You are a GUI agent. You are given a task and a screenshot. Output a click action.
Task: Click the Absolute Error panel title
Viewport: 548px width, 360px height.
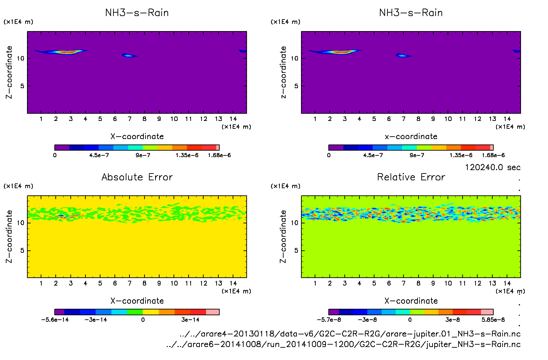[x=137, y=177]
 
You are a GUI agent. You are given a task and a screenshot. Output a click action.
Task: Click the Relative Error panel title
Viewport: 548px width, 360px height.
[x=411, y=177]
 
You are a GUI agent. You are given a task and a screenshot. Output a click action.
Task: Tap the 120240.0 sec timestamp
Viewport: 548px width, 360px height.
[x=492, y=167]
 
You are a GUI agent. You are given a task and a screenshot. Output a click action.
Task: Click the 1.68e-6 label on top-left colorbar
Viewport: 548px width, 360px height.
[x=219, y=155]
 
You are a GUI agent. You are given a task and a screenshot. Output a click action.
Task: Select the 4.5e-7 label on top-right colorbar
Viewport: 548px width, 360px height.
[x=373, y=155]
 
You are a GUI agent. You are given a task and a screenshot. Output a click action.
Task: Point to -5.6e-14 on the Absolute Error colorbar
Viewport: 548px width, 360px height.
[x=55, y=320]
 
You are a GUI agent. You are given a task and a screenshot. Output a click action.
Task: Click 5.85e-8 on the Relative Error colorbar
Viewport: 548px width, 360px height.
[x=493, y=320]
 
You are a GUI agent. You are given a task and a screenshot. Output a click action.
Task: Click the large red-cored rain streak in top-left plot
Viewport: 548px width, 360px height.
[x=67, y=52]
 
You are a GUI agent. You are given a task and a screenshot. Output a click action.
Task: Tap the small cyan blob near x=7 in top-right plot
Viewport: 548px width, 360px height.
[x=402, y=55]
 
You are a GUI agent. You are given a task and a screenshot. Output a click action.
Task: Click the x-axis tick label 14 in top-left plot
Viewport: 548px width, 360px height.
[x=233, y=119]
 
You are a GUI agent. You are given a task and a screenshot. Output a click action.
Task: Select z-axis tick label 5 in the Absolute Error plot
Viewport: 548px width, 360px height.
[x=22, y=250]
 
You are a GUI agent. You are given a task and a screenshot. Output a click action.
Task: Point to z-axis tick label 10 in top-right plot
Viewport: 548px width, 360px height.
[x=294, y=58]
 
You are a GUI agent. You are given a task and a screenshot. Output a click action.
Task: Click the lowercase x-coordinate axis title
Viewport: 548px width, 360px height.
[x=411, y=137]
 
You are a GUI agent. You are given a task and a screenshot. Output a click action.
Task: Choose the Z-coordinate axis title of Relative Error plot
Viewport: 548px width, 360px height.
[x=283, y=236]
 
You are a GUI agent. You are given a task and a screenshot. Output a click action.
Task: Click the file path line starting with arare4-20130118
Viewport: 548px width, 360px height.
[x=350, y=334]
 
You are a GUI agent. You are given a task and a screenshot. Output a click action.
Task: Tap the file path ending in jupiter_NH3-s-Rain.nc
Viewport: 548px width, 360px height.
[x=343, y=344]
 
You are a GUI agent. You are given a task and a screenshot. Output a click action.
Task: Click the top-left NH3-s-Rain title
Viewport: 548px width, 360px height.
[x=137, y=13]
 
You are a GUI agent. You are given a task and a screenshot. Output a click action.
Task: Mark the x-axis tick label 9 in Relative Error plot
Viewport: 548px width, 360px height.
[x=433, y=283]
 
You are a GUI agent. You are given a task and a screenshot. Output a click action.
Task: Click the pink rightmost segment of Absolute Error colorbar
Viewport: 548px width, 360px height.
[x=212, y=312]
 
